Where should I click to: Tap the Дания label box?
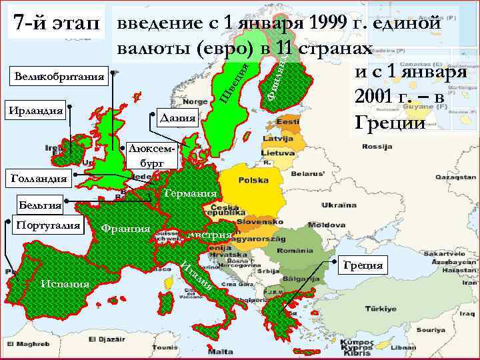(x=177, y=118)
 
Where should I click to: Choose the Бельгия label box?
(x=40, y=205)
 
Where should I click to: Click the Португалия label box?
(x=47, y=225)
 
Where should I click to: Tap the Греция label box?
(x=363, y=265)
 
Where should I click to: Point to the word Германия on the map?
(x=191, y=193)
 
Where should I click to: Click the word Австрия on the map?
(x=209, y=235)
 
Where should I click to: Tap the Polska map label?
(x=253, y=181)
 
